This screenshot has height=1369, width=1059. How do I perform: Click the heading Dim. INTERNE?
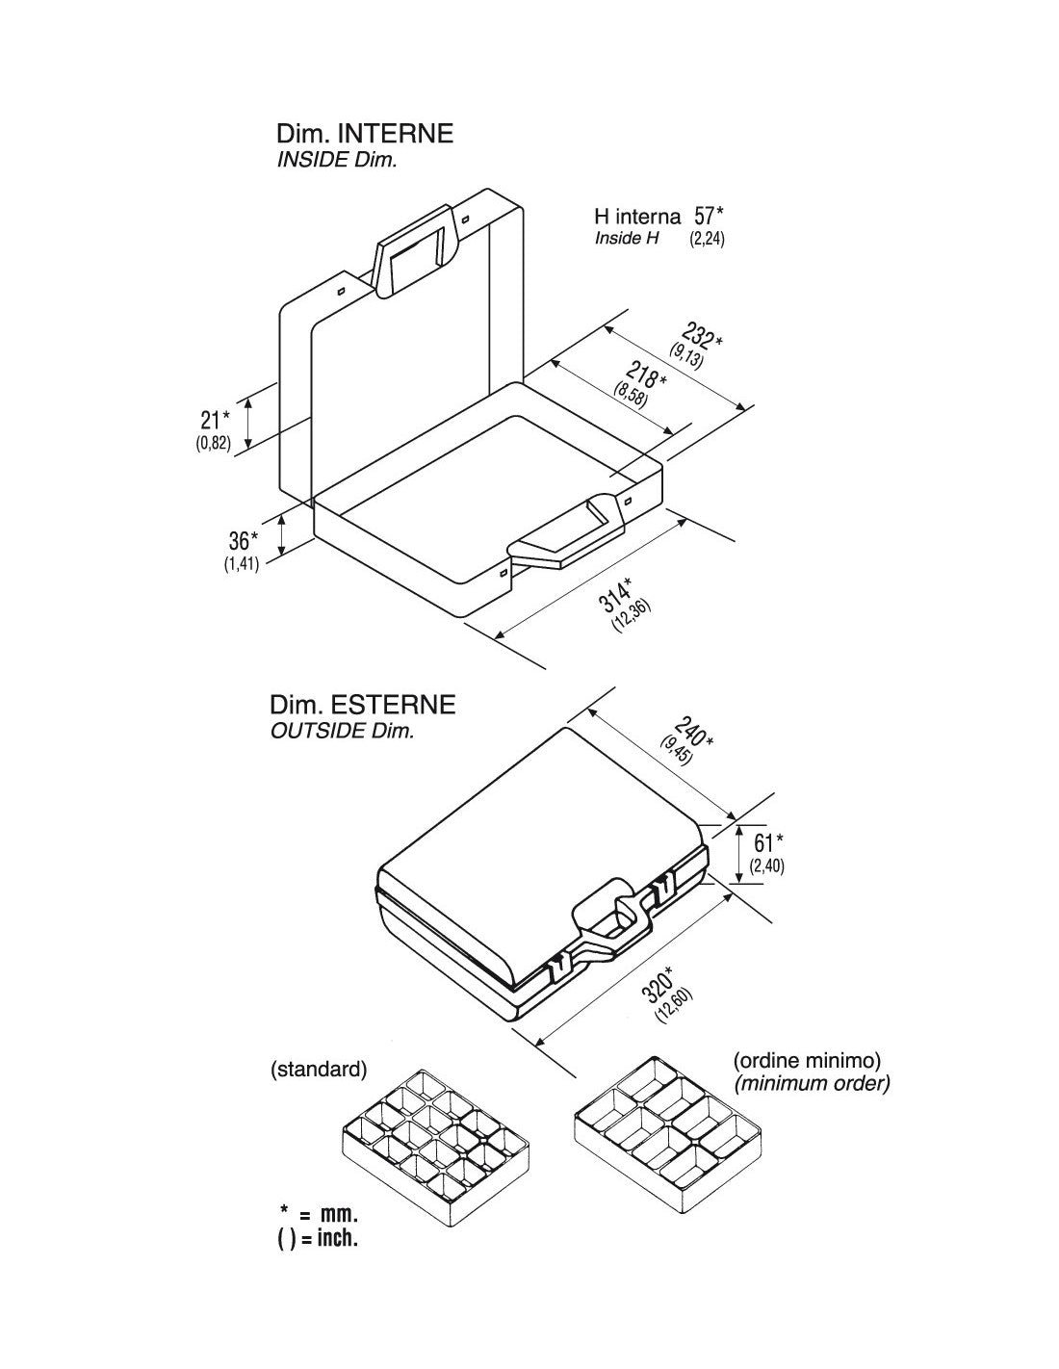(x=365, y=134)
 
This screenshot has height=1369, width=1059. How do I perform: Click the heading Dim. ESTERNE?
(x=362, y=705)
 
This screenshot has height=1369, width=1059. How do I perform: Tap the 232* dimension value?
(x=702, y=336)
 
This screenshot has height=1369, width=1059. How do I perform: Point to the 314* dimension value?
(x=615, y=593)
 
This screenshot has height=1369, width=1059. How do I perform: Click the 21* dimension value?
(x=216, y=420)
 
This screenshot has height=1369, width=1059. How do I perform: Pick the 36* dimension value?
(x=243, y=540)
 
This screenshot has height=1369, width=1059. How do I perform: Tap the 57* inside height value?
(x=709, y=216)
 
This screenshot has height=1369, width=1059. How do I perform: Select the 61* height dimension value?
(x=768, y=842)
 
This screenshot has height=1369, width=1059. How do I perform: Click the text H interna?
(x=637, y=217)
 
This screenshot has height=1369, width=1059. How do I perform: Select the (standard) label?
(x=318, y=1070)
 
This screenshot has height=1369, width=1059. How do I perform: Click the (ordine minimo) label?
(x=807, y=1060)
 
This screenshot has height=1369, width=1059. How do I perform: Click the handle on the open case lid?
(x=413, y=250)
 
